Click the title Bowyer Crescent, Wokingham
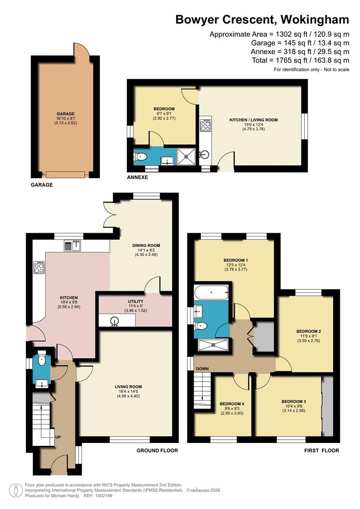[x=262, y=19]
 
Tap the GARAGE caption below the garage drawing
[x=42, y=185]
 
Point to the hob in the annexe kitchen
[x=205, y=126]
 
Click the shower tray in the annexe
[x=186, y=155]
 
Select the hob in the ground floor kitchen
[x=39, y=268]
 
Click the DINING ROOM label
[x=146, y=246]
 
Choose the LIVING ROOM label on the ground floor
[x=128, y=387]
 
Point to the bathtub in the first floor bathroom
[x=212, y=293]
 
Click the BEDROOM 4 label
[x=231, y=404]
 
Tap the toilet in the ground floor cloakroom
[x=42, y=360]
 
